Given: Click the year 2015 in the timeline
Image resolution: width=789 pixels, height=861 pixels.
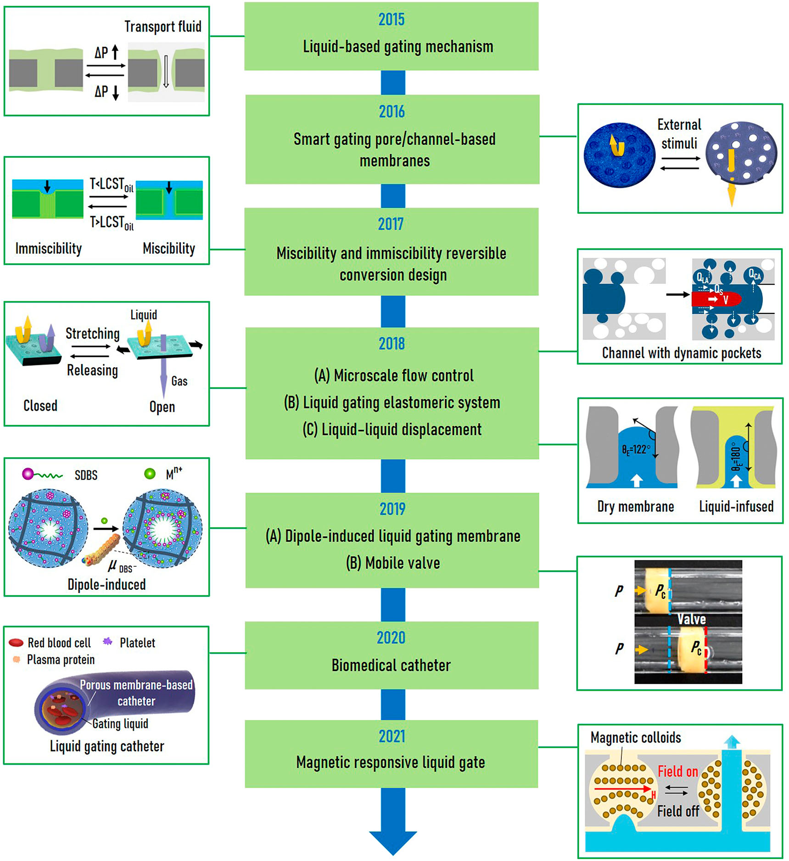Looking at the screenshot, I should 391,19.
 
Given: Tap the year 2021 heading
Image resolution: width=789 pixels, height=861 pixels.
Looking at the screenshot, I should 392,736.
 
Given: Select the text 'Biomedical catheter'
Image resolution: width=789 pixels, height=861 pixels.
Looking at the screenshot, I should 391,665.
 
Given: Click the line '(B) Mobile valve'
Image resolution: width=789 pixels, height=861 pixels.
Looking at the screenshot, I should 393,563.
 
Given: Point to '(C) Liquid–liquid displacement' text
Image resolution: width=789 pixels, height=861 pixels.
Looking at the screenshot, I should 392,430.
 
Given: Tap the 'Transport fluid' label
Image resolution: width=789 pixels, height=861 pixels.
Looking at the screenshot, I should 162,27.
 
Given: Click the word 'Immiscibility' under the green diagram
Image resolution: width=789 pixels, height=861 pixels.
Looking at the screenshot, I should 49,248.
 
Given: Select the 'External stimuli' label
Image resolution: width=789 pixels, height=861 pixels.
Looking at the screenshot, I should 679,134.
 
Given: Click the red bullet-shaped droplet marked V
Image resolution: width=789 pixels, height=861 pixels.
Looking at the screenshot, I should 716,300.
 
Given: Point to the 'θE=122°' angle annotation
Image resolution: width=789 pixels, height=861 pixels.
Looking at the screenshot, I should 636,449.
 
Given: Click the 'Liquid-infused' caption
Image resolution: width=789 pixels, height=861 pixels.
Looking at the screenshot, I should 736,506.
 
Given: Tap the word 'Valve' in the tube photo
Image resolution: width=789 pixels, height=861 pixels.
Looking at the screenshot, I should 692,619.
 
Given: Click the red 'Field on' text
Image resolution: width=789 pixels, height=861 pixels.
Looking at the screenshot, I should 677,771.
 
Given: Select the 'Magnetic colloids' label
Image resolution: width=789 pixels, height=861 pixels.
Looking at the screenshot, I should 635,738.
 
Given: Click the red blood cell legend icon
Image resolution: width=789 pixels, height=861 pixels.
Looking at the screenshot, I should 16,643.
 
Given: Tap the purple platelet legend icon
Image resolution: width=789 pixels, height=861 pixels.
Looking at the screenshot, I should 107,642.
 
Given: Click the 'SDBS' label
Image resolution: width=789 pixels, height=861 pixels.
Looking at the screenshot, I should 86,475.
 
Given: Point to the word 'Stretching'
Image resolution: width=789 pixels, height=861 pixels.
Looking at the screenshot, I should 92,333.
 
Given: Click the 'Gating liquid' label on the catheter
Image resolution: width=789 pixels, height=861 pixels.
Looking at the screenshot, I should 120,724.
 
